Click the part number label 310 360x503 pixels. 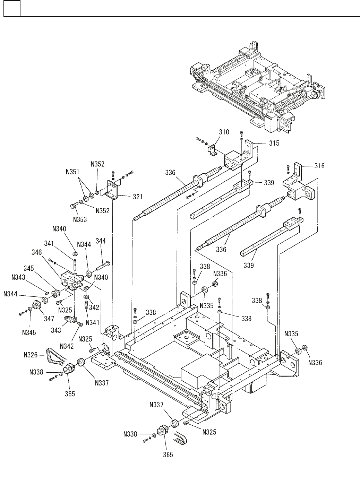(x=224, y=132)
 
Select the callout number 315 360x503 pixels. (x=274, y=143)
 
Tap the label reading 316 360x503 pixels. (x=319, y=166)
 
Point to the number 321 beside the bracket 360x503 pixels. (x=138, y=197)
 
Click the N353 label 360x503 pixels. (x=80, y=219)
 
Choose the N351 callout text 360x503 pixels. (x=72, y=172)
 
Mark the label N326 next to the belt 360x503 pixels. (x=31, y=355)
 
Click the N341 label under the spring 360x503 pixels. (x=92, y=323)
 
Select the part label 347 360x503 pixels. (x=49, y=319)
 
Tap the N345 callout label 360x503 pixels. (x=29, y=332)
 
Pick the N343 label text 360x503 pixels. (x=18, y=277)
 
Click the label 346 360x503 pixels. (x=37, y=252)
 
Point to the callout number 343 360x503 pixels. (x=56, y=330)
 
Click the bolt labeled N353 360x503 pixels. (x=74, y=206)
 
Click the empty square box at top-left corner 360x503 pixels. (x=12, y=8)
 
